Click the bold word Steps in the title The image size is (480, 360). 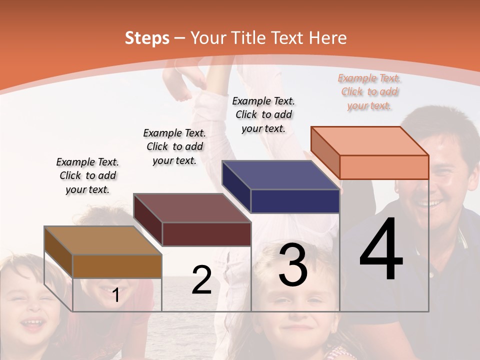pos(147,38)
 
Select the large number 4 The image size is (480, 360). pos(381,250)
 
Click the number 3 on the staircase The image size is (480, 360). pos(293,265)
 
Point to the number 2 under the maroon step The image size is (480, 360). pos(201,280)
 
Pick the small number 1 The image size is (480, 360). pos(116,295)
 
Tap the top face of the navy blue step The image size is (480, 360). pos(280,175)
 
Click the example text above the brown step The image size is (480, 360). pos(87,175)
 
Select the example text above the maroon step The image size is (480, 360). pos(174,146)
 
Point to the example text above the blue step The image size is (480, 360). pos(263,114)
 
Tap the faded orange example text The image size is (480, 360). pos(369,91)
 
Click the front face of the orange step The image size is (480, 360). pos(384,167)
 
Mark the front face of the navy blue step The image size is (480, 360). pos(295,201)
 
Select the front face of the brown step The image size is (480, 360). pos(117,266)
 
